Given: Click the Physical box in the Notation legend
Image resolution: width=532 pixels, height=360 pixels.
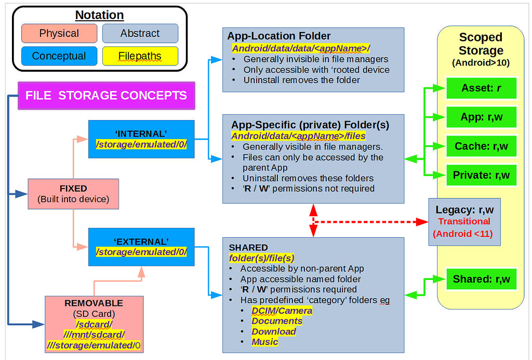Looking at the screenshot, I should (59, 33).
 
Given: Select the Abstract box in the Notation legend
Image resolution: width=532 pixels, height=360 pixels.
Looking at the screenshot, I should (140, 33).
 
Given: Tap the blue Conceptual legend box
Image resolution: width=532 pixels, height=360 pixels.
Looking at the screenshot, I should (59, 56).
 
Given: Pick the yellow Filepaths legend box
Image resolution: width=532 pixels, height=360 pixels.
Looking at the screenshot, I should (140, 56).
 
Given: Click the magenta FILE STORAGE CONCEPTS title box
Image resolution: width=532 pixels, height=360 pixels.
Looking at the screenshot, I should (106, 96).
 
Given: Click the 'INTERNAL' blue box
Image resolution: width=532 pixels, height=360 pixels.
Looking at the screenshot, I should (141, 139).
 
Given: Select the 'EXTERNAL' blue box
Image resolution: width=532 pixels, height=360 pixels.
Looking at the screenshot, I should (141, 247).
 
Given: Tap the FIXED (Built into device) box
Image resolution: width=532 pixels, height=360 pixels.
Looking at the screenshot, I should (73, 194).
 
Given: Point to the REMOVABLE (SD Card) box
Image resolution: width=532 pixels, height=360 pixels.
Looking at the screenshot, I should (94, 324).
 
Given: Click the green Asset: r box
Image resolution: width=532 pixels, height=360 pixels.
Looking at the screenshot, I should (481, 88).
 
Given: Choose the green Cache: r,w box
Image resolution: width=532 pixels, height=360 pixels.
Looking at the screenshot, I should (481, 146).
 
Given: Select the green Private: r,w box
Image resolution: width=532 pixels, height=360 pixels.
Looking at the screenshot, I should (481, 175).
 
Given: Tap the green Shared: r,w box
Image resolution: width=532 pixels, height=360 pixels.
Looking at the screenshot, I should (481, 279).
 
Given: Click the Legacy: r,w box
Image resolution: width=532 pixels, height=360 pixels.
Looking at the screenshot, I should (464, 222).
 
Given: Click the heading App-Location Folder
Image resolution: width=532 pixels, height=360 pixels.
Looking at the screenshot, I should (278, 36).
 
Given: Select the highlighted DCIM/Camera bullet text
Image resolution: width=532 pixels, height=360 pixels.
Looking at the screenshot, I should (282, 311).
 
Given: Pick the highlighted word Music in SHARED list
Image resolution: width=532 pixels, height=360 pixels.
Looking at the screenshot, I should (264, 342).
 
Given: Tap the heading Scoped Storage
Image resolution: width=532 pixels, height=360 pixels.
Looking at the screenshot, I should (481, 44).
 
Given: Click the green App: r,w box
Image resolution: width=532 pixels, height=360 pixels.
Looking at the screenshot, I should (481, 117).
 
